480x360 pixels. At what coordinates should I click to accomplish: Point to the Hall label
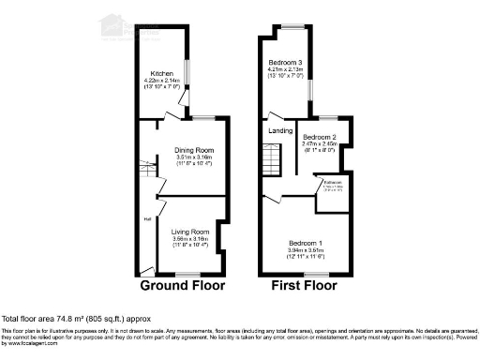click(x=147, y=219)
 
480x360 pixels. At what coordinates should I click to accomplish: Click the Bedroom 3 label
click(x=289, y=61)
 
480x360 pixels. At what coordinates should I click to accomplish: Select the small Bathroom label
click(x=333, y=182)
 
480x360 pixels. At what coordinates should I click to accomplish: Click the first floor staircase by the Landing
click(x=270, y=160)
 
